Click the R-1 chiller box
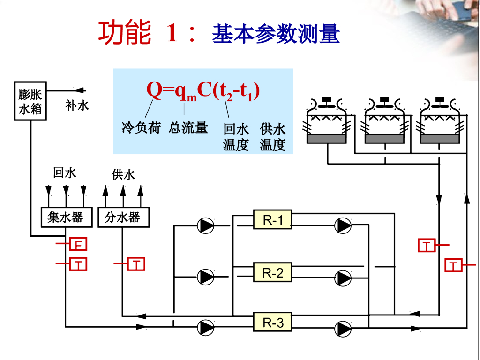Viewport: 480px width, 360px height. [x=273, y=219]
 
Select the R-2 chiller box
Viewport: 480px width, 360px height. [x=273, y=272]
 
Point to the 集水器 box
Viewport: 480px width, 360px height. [x=65, y=217]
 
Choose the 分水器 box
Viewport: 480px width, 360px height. [x=122, y=217]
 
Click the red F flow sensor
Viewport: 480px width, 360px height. [x=79, y=244]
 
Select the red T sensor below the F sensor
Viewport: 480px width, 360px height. [x=79, y=265]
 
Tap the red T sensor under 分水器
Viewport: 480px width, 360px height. [x=136, y=265]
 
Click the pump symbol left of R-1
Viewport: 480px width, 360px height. [x=206, y=225]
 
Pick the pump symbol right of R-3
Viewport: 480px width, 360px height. [x=343, y=328]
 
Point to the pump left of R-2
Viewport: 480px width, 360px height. [x=206, y=277]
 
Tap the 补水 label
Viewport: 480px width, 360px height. [x=77, y=105]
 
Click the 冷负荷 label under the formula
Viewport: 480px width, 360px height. [x=141, y=127]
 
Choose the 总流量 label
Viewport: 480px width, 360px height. [x=188, y=127]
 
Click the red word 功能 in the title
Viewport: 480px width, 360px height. [x=125, y=33]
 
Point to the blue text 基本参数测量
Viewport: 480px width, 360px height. [x=276, y=34]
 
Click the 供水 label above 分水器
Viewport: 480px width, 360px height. [x=123, y=175]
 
